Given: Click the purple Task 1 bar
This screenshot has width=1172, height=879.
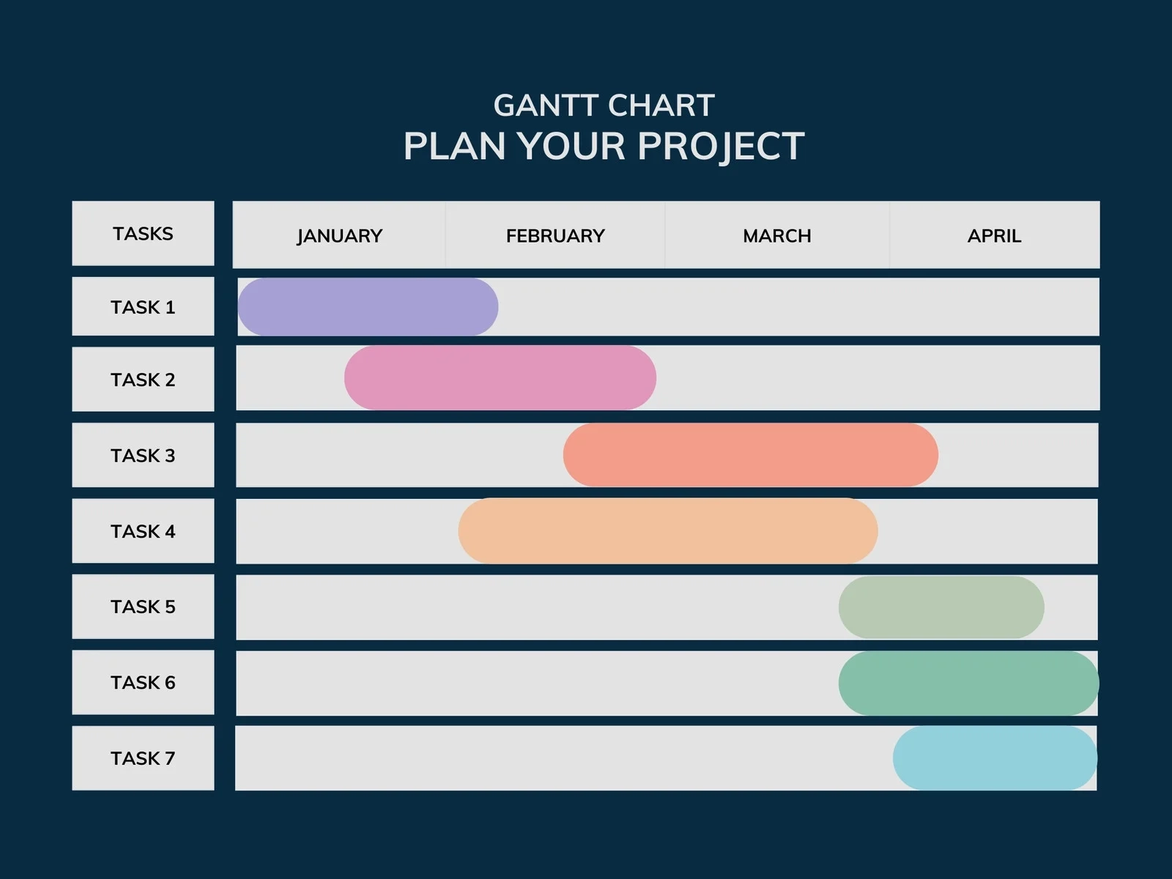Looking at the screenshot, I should tap(368, 307).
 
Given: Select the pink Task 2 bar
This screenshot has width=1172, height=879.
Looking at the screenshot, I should tap(500, 378).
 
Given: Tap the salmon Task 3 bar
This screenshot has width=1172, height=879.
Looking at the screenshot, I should tap(750, 455).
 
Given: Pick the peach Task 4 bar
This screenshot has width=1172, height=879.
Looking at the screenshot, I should tap(667, 531).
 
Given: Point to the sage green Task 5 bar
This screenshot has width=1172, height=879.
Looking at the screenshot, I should tap(941, 607).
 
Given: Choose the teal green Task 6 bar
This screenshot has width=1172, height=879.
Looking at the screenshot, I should tap(968, 683).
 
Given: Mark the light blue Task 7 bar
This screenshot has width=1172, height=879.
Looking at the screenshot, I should tap(995, 758).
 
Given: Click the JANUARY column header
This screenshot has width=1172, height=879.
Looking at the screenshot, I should tap(340, 236).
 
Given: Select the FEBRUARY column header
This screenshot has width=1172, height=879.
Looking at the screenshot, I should tap(555, 236).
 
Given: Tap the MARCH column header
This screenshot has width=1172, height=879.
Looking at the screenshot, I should tap(777, 236).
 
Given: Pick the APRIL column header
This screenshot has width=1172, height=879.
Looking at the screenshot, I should tap(994, 236).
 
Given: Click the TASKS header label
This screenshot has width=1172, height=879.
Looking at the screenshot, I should tap(143, 234).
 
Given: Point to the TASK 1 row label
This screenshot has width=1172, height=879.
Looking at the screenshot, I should tap(143, 307).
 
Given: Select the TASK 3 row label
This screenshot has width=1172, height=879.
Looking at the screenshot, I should tap(143, 456).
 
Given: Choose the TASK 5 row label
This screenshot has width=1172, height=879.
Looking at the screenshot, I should tap(143, 607).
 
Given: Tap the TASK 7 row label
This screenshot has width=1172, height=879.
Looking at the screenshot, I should tap(143, 758).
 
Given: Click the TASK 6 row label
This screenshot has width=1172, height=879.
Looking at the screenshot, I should tap(143, 683).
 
